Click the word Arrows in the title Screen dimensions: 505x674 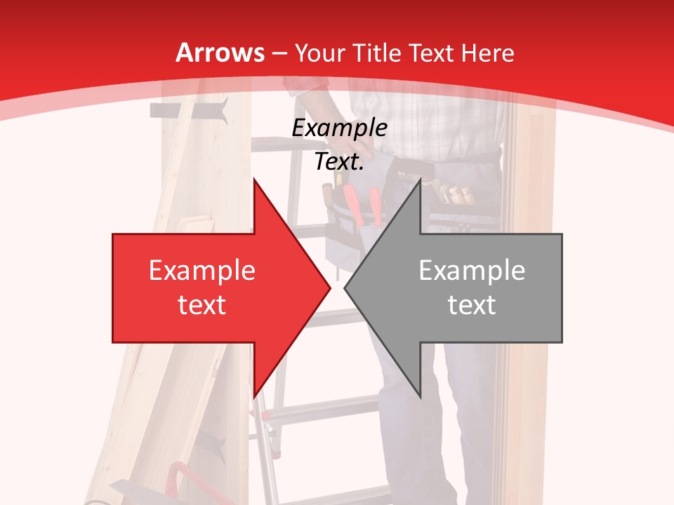click(x=220, y=53)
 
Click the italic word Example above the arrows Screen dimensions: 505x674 click(x=339, y=128)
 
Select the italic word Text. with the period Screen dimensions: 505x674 click(x=339, y=162)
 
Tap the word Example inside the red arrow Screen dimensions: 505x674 click(x=201, y=271)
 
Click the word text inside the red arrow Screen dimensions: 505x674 click(x=201, y=305)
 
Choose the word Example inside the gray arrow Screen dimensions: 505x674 click(x=472, y=271)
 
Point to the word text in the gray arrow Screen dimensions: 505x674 click(x=472, y=305)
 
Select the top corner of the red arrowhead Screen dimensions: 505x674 click(x=253, y=179)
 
